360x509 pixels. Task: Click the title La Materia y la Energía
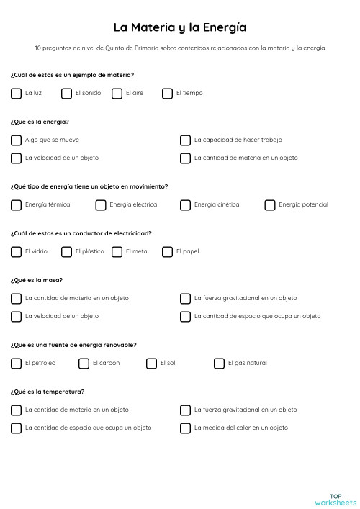click(x=180, y=27)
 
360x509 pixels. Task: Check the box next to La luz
click(x=16, y=93)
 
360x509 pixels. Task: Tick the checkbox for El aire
click(x=117, y=93)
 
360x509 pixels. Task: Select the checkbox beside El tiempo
click(x=167, y=93)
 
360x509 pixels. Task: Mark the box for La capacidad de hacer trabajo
click(x=185, y=140)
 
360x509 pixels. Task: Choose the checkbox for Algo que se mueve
click(x=16, y=140)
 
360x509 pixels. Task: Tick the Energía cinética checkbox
click(x=185, y=204)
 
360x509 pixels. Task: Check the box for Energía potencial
click(x=270, y=204)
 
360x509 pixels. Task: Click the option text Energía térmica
click(x=48, y=204)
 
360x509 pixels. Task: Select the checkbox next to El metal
click(x=117, y=251)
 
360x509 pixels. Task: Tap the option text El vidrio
click(x=36, y=251)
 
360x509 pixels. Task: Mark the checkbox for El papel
click(x=167, y=251)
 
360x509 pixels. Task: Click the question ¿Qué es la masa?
click(x=37, y=280)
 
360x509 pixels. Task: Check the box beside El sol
click(x=151, y=363)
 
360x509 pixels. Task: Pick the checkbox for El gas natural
click(x=219, y=363)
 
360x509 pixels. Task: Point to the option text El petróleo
click(x=40, y=363)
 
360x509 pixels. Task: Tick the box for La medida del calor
click(x=185, y=428)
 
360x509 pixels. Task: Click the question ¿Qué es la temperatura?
click(x=48, y=392)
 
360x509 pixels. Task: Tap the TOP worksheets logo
click(x=336, y=499)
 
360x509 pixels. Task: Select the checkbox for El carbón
click(x=84, y=363)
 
